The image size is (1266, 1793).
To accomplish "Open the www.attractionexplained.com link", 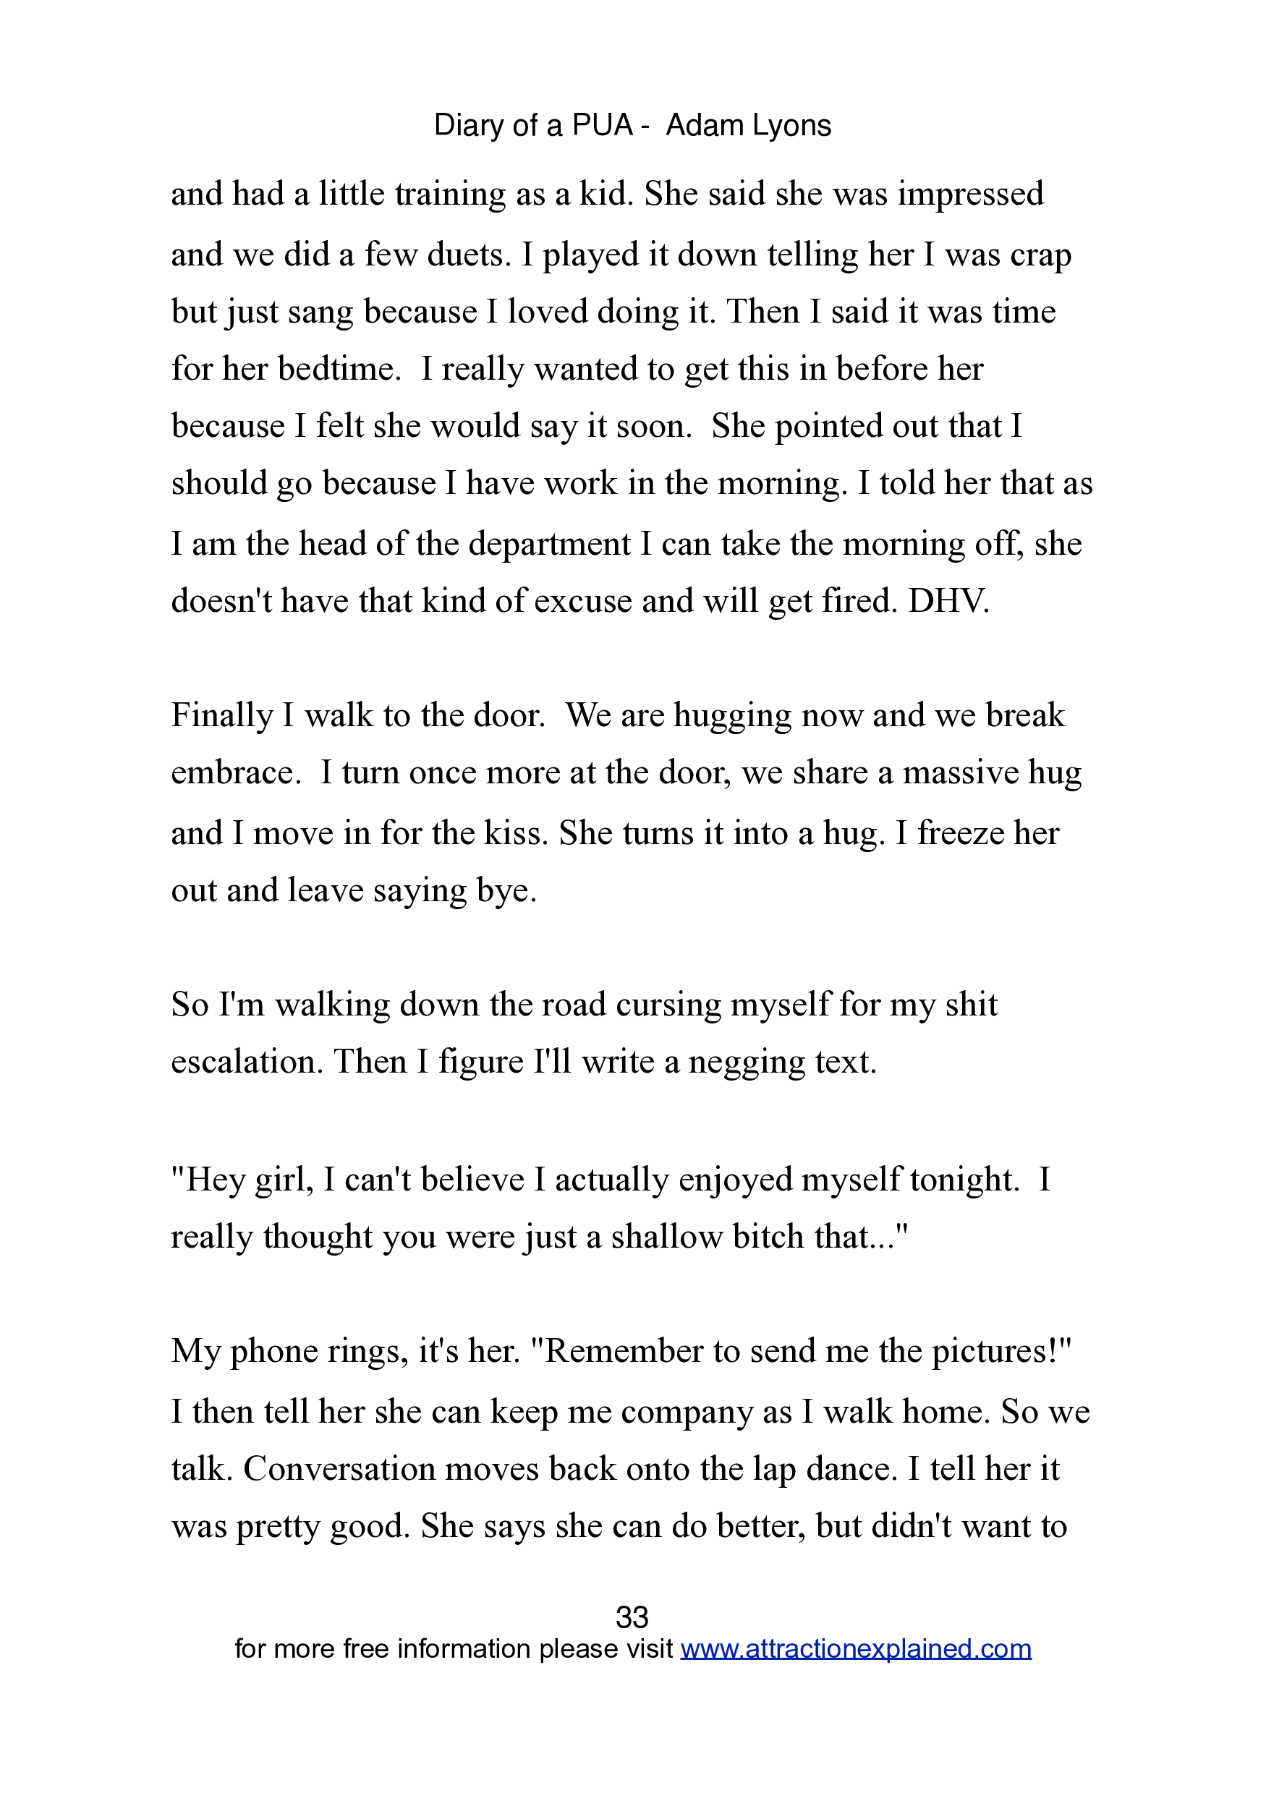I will point(856,1648).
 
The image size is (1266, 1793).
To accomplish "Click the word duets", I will point(468,255).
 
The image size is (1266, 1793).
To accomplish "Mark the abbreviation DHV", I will point(948,600).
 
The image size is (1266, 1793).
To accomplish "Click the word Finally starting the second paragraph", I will point(221,715).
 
